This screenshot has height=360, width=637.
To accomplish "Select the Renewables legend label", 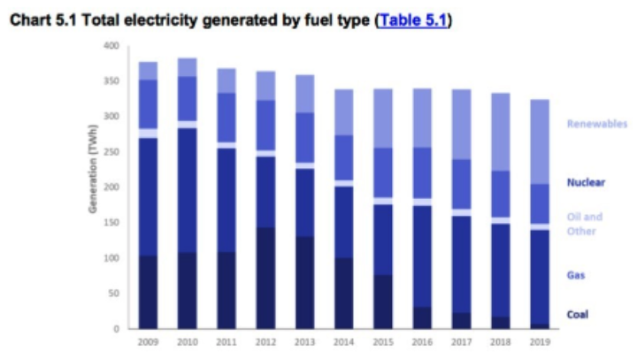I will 597,124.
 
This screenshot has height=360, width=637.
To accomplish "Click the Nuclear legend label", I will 586,183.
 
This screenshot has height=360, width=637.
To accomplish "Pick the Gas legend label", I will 575,276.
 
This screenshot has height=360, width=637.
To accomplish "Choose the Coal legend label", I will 577,314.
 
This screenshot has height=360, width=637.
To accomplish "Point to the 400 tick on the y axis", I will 110,45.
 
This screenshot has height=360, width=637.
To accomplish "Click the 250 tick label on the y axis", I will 110,151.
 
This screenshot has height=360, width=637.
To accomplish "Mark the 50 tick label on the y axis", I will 112,294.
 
